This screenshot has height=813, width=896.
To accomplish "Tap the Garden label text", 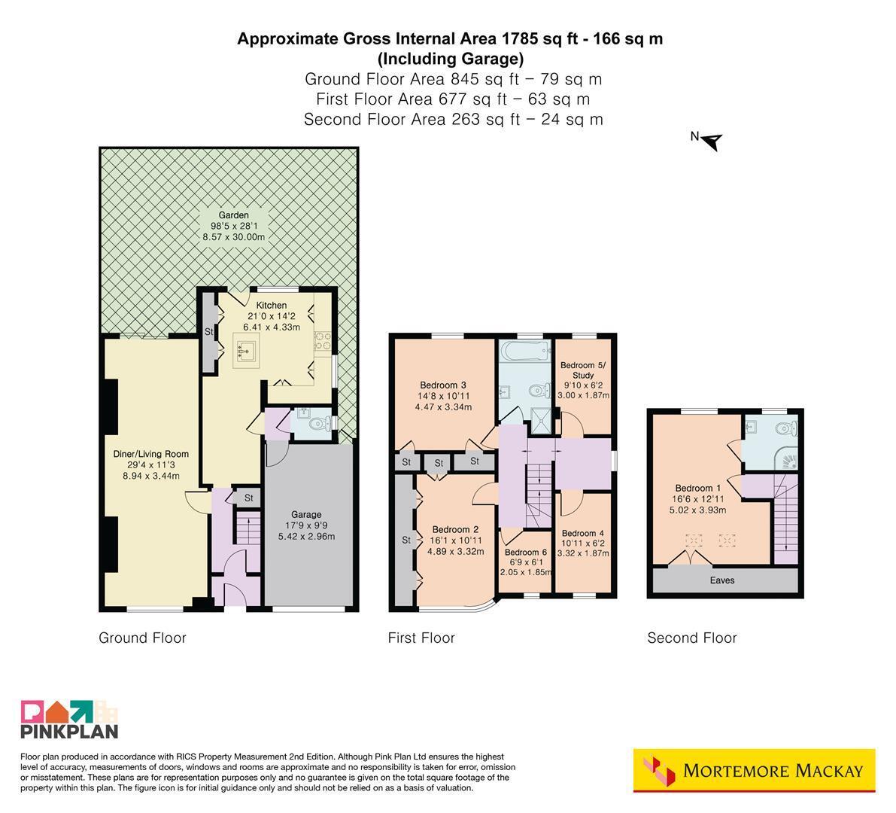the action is click(x=234, y=215).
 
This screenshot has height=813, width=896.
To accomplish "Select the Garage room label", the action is click(x=306, y=515).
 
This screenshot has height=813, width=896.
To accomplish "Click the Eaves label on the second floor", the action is click(x=722, y=580).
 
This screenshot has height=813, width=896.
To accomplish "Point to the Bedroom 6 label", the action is click(x=526, y=553).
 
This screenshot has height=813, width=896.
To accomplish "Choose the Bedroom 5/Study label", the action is click(x=583, y=370).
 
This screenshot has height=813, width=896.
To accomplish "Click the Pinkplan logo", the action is click(x=69, y=719).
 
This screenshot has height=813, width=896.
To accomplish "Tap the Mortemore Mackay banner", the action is click(x=755, y=771).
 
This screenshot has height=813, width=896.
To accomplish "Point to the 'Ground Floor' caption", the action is click(x=142, y=638).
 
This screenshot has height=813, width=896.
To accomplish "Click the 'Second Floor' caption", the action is click(x=692, y=638).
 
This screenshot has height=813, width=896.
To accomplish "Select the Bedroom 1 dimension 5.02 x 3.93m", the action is click(x=697, y=510).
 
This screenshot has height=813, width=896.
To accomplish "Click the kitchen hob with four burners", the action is click(x=322, y=341).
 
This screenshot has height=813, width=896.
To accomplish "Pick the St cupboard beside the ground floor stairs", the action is click(x=248, y=498).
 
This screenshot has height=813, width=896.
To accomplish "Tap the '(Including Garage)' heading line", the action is click(x=451, y=59).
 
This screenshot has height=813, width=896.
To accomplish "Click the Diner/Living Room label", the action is click(x=151, y=454).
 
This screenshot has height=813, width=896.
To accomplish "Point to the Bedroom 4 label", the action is click(x=583, y=534).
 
